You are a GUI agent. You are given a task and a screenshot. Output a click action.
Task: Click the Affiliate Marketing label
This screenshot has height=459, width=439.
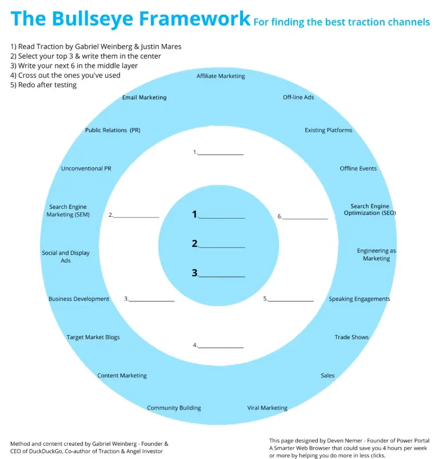[x=221, y=76]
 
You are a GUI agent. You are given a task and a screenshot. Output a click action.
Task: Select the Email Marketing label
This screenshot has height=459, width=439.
[x=144, y=98]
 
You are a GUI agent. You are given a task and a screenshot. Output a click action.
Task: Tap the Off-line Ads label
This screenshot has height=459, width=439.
[x=298, y=98]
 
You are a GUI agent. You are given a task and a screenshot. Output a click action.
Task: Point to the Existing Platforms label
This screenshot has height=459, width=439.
[x=328, y=131]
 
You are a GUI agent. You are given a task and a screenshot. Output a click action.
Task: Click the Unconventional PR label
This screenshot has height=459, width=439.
[x=86, y=169]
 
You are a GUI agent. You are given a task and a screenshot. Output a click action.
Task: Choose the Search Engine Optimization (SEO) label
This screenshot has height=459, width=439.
[x=370, y=210]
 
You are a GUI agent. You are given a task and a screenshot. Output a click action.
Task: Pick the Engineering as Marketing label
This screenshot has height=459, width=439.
[x=376, y=255]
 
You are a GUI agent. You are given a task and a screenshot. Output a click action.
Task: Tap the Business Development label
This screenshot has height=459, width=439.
[x=79, y=299]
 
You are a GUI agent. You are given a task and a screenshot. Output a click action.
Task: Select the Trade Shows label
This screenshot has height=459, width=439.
[x=352, y=337]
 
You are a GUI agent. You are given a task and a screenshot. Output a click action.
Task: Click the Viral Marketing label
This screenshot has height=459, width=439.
[x=267, y=408]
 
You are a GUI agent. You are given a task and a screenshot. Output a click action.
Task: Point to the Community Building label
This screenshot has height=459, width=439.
[x=174, y=408]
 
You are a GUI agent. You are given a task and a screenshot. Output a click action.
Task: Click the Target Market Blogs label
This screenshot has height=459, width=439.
[x=93, y=337]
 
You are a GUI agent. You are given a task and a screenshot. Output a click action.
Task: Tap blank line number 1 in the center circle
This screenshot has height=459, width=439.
[x=221, y=216]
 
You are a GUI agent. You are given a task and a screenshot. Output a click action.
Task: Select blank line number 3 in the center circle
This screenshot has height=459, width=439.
[x=221, y=275]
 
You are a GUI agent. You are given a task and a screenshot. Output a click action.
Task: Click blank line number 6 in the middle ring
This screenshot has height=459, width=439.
[x=305, y=218]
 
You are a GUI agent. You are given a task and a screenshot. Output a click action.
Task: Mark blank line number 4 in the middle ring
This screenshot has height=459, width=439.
[x=221, y=346]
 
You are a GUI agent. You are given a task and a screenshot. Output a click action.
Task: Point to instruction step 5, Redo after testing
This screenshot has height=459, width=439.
[x=43, y=85]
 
